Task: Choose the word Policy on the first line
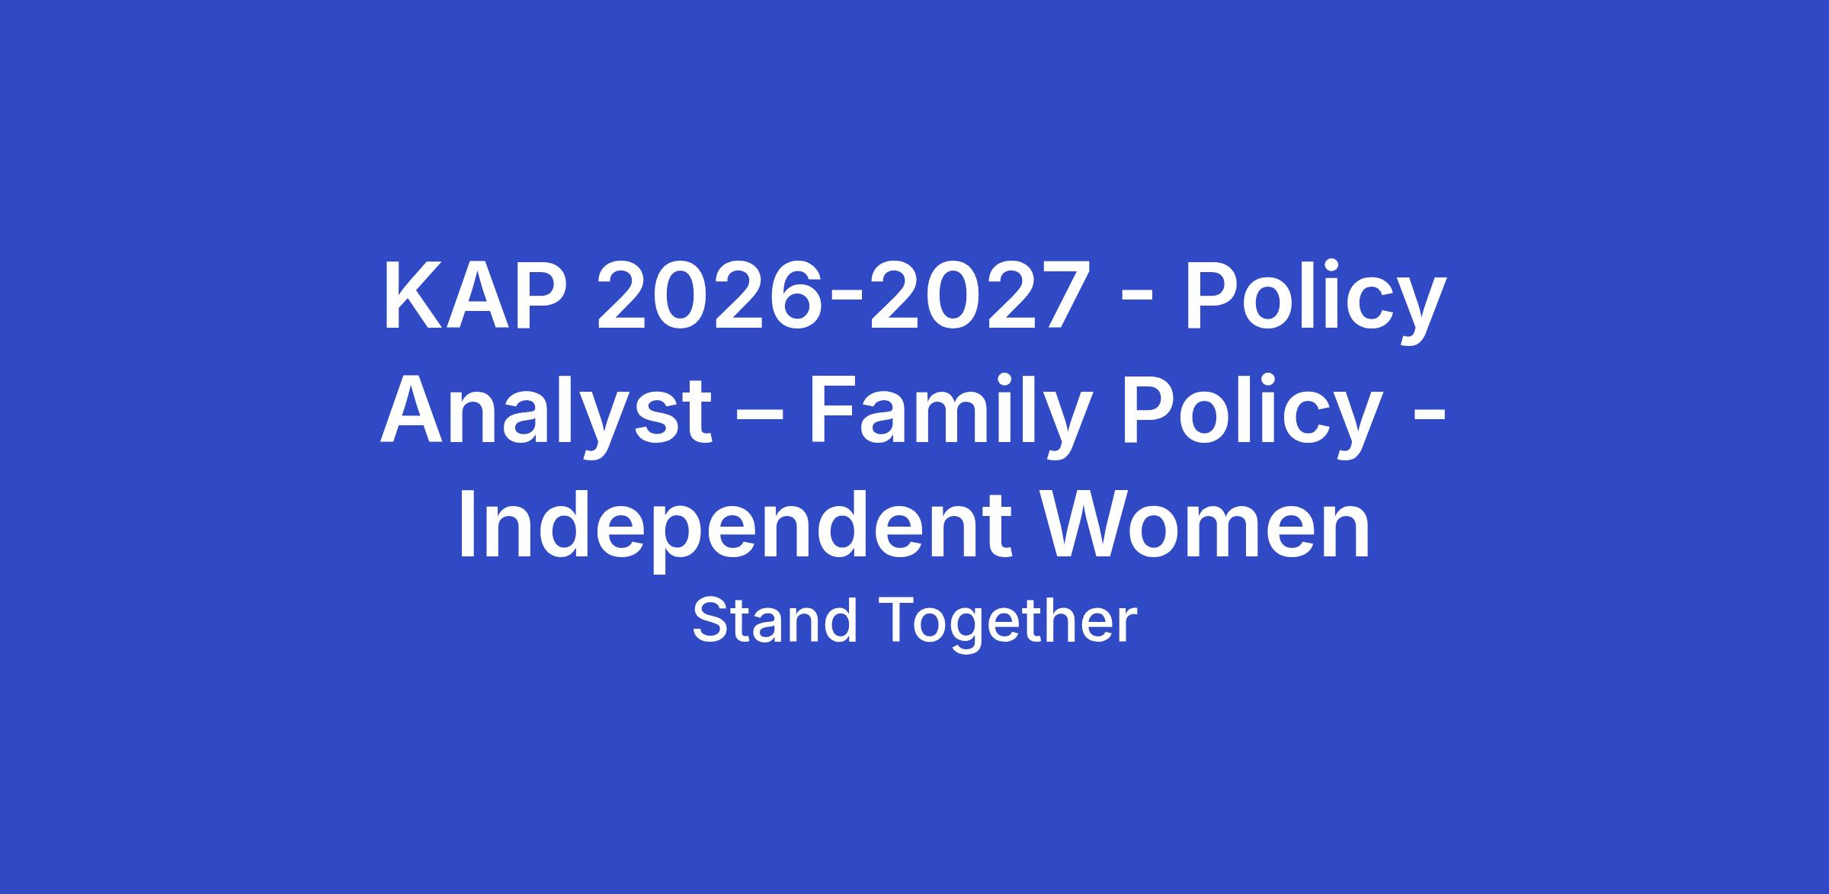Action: point(1314,303)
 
